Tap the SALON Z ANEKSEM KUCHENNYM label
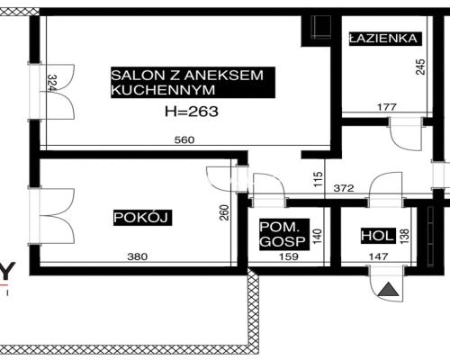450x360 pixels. tap(187, 83)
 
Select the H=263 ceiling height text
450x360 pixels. tap(193, 112)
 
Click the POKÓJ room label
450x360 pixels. tap(142, 217)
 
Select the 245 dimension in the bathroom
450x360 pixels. tap(420, 67)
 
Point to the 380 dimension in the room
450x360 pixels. tap(137, 256)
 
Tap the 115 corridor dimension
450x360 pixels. tap(318, 178)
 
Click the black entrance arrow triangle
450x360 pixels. tap(387, 290)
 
